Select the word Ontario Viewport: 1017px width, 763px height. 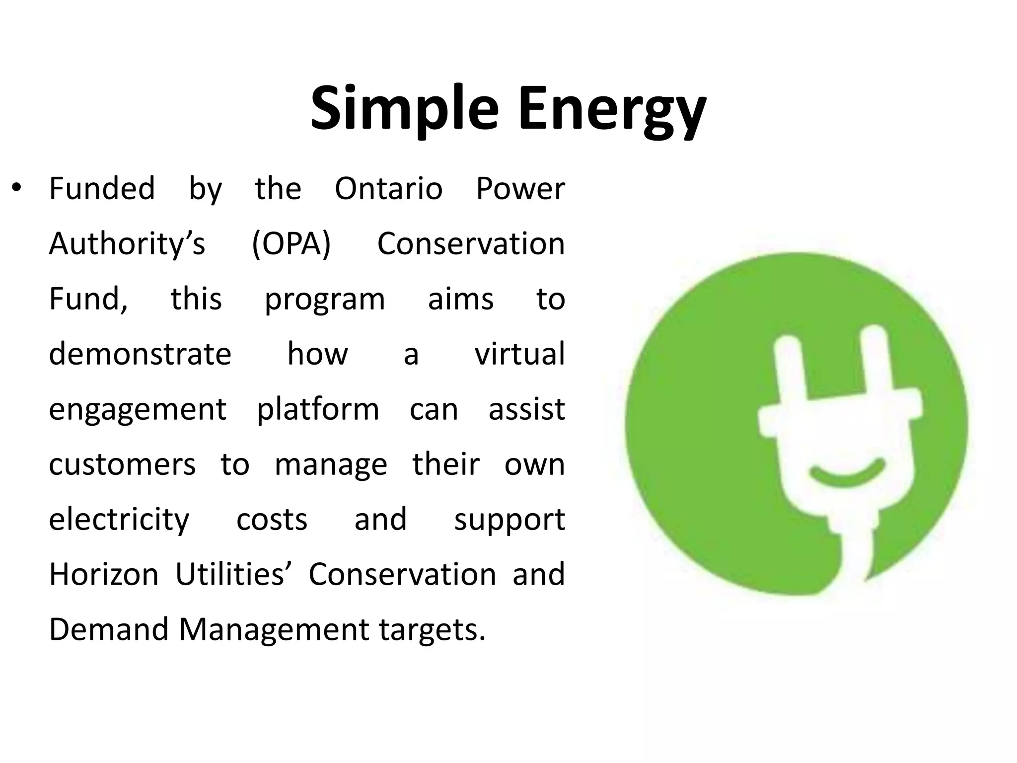point(388,189)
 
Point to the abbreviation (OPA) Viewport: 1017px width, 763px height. point(291,244)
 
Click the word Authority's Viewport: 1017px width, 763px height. point(127,244)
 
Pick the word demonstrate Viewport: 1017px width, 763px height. point(140,354)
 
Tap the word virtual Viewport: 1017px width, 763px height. point(519,354)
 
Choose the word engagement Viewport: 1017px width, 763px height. point(138,410)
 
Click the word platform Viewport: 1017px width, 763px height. point(318,410)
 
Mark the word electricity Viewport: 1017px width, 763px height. point(119,520)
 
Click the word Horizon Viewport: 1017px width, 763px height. point(104,574)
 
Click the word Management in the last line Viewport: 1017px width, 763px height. point(273,630)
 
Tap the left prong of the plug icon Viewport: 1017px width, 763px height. point(790,365)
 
